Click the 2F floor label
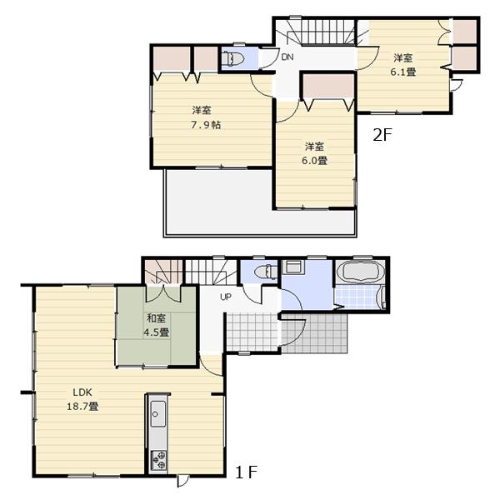tap(382, 135)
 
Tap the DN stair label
tap(287, 57)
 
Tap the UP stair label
tap(226, 297)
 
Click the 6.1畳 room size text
tap(404, 72)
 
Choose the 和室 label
tap(157, 317)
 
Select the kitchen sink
tap(157, 412)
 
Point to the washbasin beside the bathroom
tap(292, 267)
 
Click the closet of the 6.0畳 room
tap(327, 86)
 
